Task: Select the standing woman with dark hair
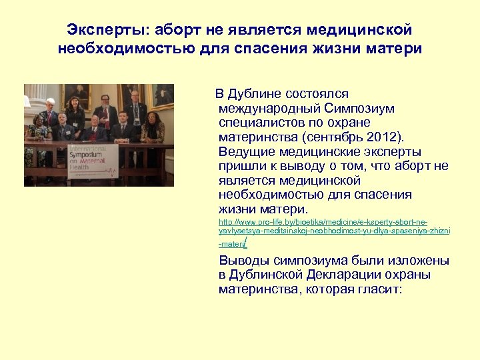(75, 113)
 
